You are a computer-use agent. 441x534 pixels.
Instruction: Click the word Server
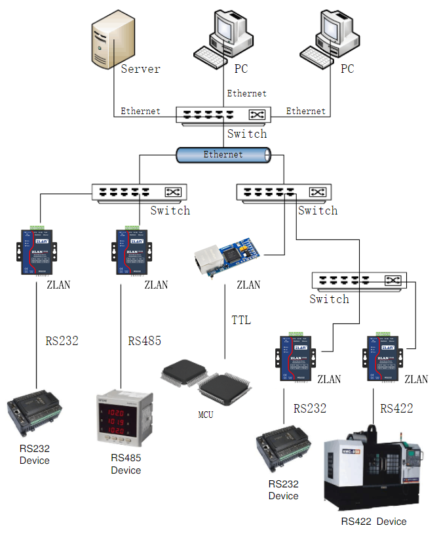coord(140,68)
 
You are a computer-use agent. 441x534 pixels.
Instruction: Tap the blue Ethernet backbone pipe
coord(223,155)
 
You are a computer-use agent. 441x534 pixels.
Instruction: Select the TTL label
coord(241,320)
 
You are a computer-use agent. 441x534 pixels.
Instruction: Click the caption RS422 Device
coord(374,522)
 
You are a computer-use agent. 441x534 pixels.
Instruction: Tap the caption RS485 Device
coord(126,464)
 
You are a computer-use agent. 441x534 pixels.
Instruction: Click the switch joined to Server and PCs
coord(223,115)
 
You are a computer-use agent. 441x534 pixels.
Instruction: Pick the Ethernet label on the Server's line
coord(140,111)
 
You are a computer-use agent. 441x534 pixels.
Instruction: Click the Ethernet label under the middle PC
coord(246,94)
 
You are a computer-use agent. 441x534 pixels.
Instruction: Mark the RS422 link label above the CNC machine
coord(397,408)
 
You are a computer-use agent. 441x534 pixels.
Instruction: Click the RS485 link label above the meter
coord(144,341)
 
